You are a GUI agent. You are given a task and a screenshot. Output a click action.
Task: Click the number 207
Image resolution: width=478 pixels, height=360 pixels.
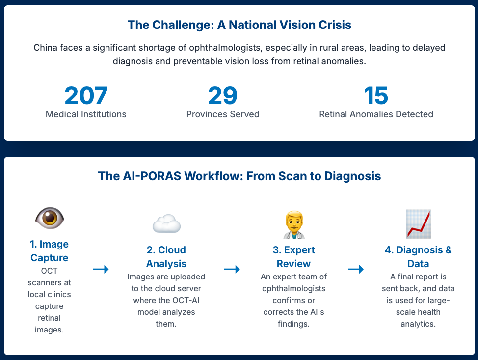tap(86, 96)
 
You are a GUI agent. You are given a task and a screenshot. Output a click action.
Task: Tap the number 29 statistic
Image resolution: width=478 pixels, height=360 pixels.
tap(223, 96)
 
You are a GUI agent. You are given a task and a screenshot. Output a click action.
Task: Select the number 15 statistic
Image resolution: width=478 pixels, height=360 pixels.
tap(376, 96)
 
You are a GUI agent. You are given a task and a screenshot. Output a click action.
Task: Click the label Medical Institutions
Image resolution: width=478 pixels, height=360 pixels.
tap(86, 114)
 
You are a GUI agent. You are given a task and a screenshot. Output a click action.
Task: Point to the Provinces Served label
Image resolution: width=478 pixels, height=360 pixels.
tap(223, 114)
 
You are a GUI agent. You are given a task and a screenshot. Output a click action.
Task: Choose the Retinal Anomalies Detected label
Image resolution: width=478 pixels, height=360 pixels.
tap(376, 114)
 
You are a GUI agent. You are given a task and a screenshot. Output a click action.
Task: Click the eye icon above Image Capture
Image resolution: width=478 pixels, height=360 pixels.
tap(50, 218)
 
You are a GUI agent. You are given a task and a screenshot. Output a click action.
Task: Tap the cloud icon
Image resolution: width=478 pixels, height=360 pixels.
tap(166, 224)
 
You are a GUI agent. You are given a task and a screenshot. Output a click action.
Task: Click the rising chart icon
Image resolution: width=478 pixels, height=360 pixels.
tap(418, 224)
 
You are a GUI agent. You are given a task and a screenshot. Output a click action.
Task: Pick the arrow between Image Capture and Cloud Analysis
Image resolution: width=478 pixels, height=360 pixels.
tap(101, 269)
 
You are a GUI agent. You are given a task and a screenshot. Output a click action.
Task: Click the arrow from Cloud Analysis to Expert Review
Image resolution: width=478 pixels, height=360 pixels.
tap(232, 269)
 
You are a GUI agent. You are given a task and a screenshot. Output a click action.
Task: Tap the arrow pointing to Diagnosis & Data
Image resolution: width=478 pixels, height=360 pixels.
tap(356, 269)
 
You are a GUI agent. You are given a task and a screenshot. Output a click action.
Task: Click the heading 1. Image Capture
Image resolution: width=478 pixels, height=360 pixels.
tap(50, 251)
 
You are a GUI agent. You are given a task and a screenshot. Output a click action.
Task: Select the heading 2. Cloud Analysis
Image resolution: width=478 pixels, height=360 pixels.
tap(166, 257)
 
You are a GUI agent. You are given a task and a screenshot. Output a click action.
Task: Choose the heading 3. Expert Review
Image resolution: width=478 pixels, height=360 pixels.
tap(293, 257)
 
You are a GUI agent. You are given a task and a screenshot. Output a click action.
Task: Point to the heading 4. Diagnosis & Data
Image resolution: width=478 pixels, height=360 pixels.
tap(418, 257)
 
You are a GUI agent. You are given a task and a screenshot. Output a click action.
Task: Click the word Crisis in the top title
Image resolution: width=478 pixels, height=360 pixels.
tap(335, 25)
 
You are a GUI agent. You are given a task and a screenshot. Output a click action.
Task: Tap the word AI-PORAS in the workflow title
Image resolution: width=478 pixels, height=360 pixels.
tap(141, 176)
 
